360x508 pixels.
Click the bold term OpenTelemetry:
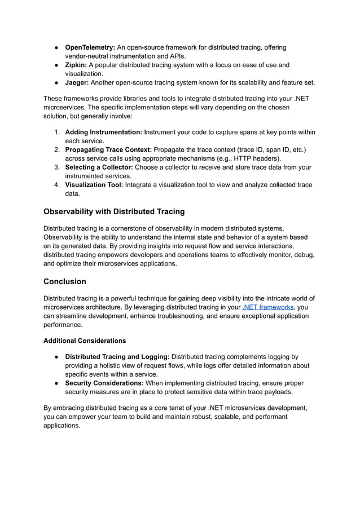click(90, 47)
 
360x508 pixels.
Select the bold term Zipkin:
click(76, 65)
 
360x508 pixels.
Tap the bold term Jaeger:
click(77, 82)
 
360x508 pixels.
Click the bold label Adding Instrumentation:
click(104, 132)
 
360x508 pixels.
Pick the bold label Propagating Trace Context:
click(108, 149)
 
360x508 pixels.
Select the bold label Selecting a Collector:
click(99, 167)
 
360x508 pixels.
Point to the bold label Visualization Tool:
click(94, 184)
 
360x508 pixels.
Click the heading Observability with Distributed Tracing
click(114, 211)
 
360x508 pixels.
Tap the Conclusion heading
click(65, 281)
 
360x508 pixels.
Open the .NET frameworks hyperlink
click(268, 307)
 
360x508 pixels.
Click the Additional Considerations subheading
click(85, 341)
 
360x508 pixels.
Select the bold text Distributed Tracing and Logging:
click(117, 356)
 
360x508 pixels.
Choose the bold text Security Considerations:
click(104, 383)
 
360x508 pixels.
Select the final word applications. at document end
click(62, 426)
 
